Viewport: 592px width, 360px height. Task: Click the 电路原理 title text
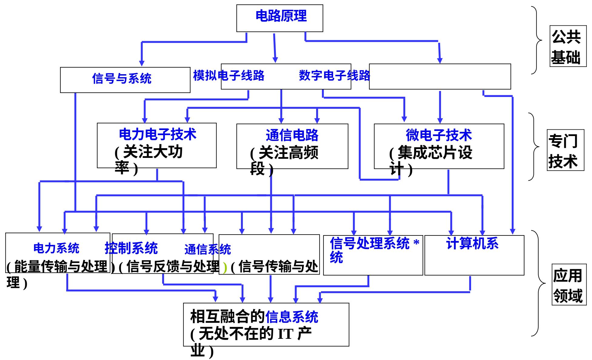[281, 16]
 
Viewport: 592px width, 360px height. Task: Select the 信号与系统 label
[122, 79]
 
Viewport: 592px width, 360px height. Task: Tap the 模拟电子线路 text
[229, 75]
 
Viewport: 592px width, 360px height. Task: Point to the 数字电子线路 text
[334, 75]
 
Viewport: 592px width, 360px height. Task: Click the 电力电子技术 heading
[157, 134]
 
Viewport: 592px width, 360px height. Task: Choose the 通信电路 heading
[292, 135]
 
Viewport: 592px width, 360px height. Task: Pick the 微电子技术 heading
[439, 135]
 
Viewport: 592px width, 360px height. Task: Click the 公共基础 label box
[566, 46]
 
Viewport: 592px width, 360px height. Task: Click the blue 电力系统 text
[56, 248]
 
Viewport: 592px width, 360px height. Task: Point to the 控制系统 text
[131, 248]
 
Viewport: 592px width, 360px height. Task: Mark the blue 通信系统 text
[208, 250]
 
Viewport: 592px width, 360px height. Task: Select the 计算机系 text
[472, 244]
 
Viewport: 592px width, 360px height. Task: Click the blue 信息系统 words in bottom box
[292, 317]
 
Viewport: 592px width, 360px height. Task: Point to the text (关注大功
[149, 152]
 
